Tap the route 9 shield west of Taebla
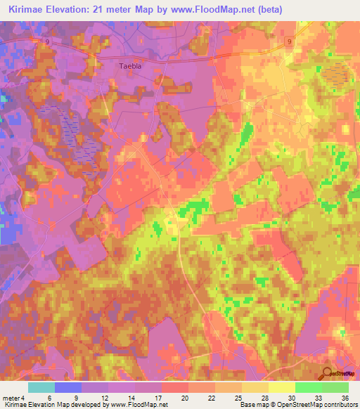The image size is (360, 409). [x=46, y=42]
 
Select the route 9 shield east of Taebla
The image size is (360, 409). [x=290, y=42]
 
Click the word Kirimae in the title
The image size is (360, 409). [x=26, y=10]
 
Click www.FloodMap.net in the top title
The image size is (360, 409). [x=221, y=10]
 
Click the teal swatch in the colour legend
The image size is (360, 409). [x=41, y=387]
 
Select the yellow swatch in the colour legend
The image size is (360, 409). [x=281, y=387]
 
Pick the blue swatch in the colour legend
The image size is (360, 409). [x=68, y=387]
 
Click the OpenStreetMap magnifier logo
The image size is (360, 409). [x=328, y=374]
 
